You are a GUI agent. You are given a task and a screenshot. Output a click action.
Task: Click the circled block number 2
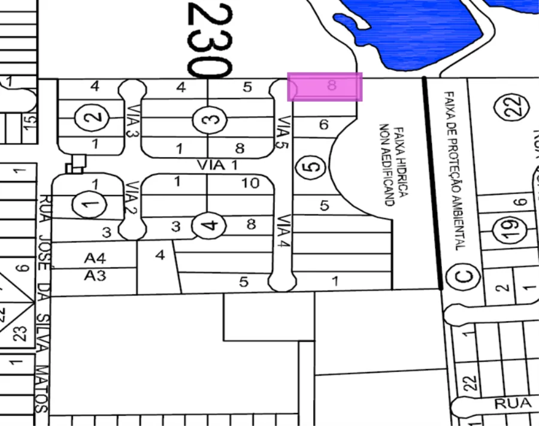click(x=93, y=117)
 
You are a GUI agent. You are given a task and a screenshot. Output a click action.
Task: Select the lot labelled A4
click(x=95, y=259)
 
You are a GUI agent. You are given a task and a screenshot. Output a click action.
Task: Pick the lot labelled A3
click(x=95, y=275)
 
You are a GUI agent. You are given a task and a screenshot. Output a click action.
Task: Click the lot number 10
click(x=251, y=183)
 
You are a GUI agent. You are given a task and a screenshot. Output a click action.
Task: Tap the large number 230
click(x=209, y=39)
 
